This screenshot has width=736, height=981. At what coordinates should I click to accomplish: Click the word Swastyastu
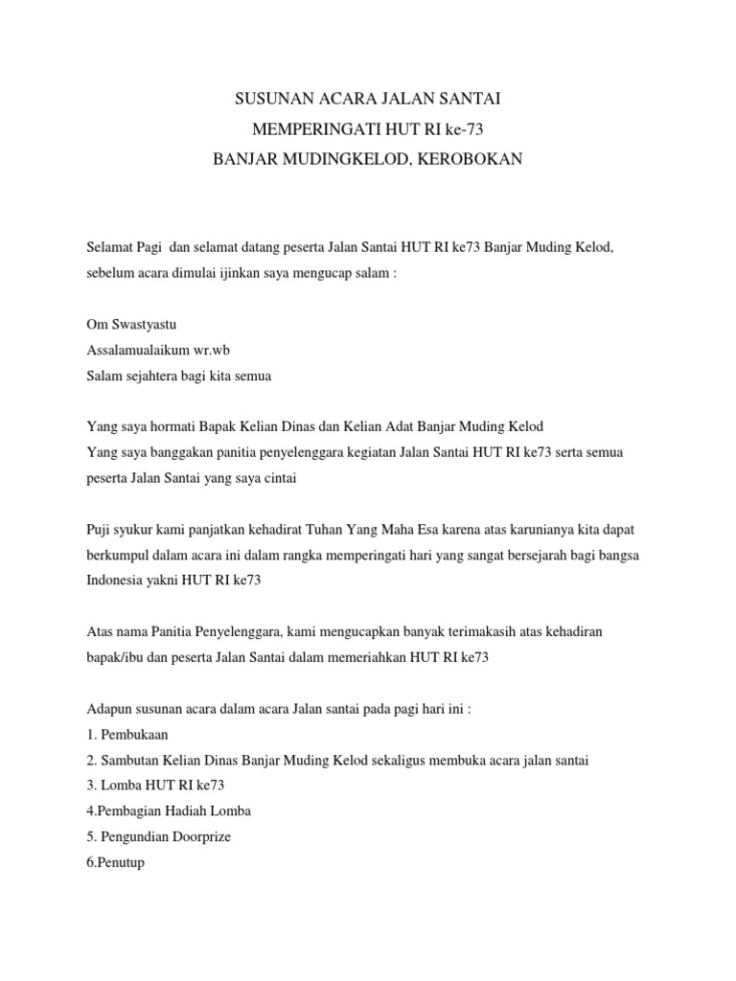pos(142,325)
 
